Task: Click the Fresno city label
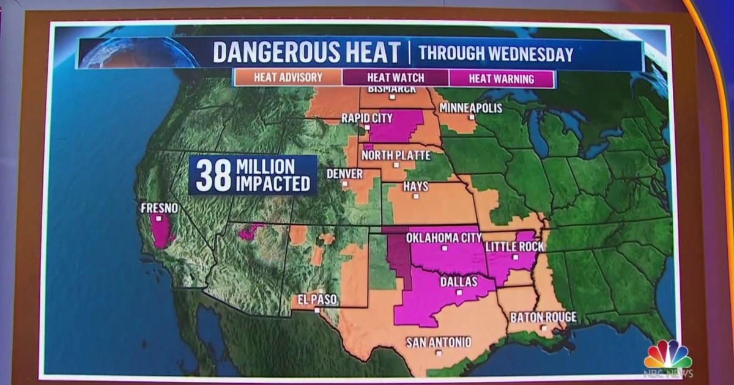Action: [159, 208]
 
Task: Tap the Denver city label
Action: [344, 174]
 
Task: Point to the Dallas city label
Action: [459, 282]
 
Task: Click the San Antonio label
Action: [439, 342]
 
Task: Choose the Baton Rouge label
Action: [543, 317]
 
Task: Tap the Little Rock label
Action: [514, 246]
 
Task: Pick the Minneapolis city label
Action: [470, 108]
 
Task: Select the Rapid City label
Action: [366, 117]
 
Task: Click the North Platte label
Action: [396, 155]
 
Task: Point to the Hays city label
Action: [416, 186]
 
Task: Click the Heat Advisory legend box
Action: [287, 78]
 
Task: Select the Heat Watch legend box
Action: [395, 78]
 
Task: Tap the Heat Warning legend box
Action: [501, 78]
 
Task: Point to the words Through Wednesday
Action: [495, 54]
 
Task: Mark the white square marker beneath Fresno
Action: [159, 217]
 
